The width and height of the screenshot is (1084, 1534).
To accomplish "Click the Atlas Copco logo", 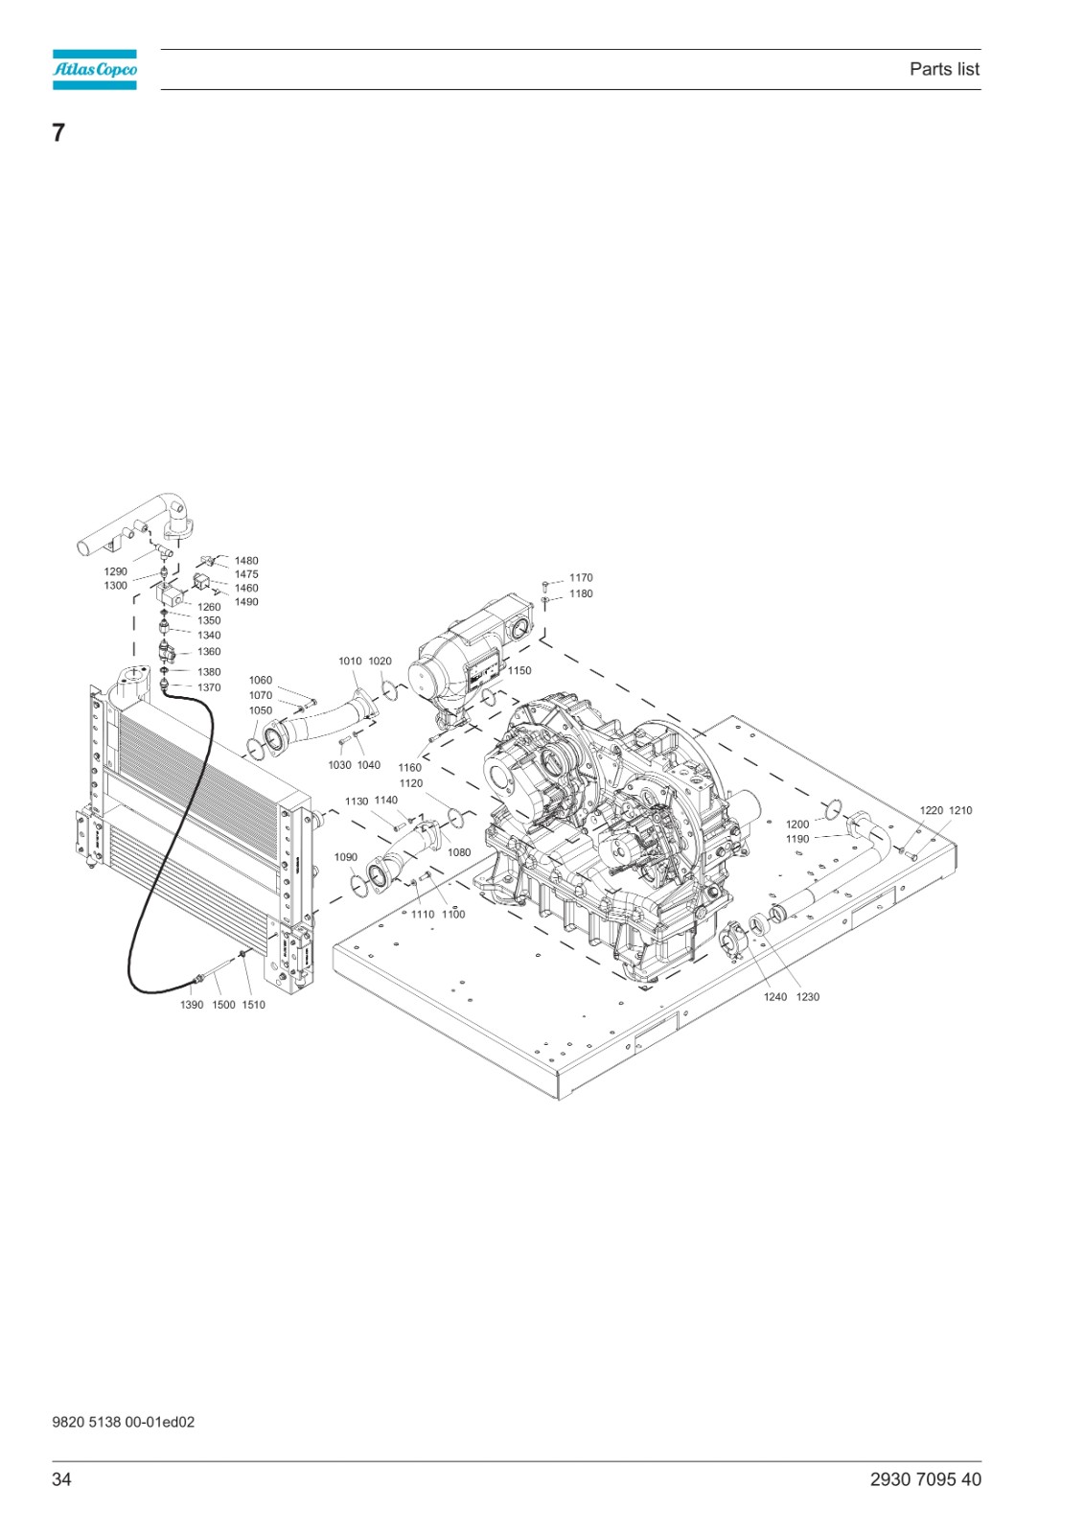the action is pos(95,69).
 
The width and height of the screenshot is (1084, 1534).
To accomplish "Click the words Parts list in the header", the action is pos(944,69).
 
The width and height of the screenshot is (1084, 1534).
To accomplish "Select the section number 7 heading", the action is pos(58,132).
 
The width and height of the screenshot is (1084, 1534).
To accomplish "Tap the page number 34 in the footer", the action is pos(61,1479).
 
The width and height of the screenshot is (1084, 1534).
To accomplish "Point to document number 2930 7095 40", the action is pos(925,1479).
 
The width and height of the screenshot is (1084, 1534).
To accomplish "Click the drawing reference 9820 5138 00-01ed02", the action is pos(124,1422).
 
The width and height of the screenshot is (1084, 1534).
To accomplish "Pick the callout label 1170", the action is pos(581,577).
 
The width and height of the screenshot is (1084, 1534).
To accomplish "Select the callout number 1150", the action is pos(519,670).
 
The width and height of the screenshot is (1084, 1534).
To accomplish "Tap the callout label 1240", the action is pos(775,997).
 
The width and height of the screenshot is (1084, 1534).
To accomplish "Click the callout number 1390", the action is pos(192,1005).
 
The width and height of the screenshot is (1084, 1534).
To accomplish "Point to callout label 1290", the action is pos(116,571).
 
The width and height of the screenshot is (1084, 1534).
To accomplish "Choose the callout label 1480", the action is pos(246,561).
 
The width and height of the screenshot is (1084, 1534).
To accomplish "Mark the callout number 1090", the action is pos(346,857).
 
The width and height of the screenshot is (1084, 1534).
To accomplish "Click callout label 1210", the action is pos(960,810).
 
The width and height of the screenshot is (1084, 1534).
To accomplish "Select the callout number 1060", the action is pos(260,680).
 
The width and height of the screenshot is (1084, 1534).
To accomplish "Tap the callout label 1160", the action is pos(409,768).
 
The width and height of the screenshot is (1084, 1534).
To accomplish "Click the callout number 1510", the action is pos(253,1005).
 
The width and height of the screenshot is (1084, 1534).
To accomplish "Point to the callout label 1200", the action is pos(797,825).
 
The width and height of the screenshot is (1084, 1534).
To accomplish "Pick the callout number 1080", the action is pos(459,852).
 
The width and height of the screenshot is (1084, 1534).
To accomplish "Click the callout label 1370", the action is pos(209,687).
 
